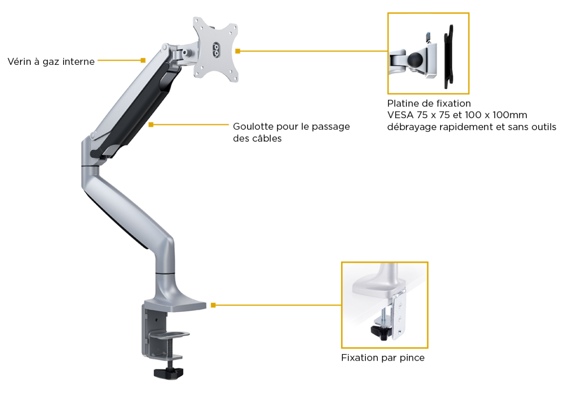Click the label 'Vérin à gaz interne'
(x=51, y=62)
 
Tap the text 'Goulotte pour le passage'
(x=291, y=127)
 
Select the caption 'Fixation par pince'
(x=383, y=358)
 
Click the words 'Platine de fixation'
(x=429, y=103)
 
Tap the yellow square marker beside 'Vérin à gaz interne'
(x=143, y=60)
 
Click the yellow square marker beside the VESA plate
(x=238, y=51)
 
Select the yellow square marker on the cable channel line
(x=151, y=125)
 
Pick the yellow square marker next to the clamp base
(x=213, y=305)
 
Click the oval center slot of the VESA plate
(x=216, y=50)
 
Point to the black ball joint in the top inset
(x=415, y=60)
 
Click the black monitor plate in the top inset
(x=449, y=56)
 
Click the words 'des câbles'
(x=257, y=139)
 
